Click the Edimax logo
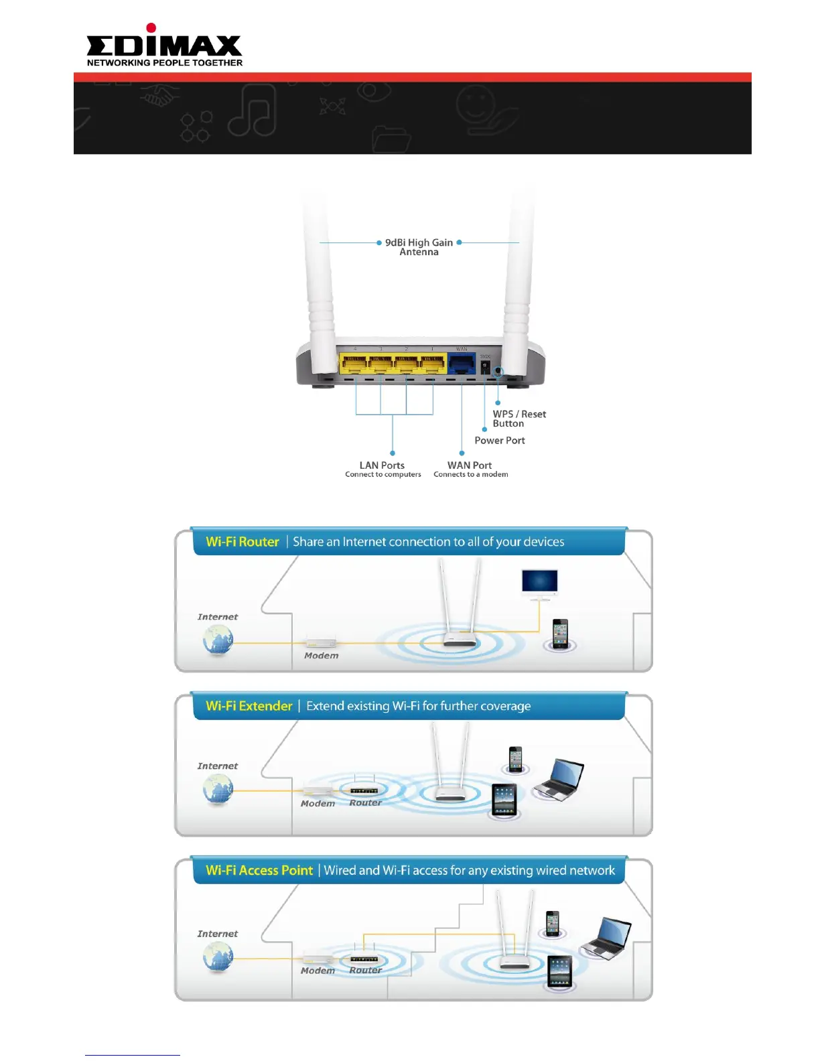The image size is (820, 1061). click(x=164, y=46)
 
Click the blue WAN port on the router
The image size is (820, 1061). click(x=461, y=364)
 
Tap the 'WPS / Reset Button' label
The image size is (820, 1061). click(x=519, y=419)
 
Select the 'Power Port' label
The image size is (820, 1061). click(x=500, y=440)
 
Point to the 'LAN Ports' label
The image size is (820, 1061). click(x=383, y=466)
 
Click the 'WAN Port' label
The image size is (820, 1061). click(x=470, y=466)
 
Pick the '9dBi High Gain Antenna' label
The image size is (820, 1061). click(x=419, y=247)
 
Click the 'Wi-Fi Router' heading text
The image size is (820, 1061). click(x=243, y=542)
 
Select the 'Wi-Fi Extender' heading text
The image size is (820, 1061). click(x=249, y=706)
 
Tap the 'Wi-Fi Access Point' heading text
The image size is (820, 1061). click(x=259, y=870)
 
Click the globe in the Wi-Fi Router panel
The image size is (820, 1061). click(x=218, y=640)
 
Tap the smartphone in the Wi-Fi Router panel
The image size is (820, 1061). click(x=560, y=633)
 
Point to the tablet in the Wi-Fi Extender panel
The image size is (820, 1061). click(x=504, y=799)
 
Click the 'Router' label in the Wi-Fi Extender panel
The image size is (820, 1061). click(x=365, y=802)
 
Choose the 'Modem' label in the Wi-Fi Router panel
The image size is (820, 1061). click(x=322, y=656)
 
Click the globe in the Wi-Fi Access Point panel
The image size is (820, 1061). click(x=218, y=957)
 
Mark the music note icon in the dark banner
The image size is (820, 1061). click(x=253, y=111)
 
